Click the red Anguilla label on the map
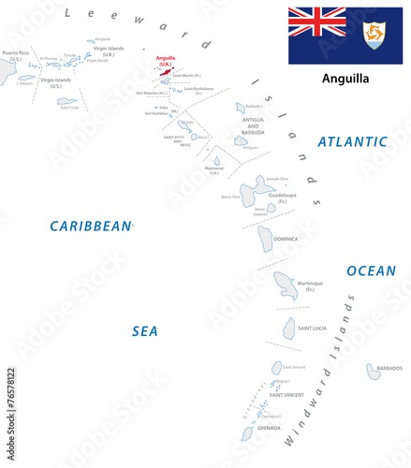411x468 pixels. tap(166, 59)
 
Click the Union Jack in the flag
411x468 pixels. tap(316, 22)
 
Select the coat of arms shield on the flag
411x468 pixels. tap(374, 36)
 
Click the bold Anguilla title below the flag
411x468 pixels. tap(345, 79)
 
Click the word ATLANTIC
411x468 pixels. tap(352, 142)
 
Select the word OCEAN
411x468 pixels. tap(371, 271)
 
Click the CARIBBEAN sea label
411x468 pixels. tap(91, 226)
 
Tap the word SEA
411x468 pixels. tap(145, 330)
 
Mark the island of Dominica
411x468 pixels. tap(268, 238)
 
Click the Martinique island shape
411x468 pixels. tap(286, 284)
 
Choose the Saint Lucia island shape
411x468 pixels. tap(289, 328)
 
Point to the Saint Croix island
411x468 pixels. tap(66, 101)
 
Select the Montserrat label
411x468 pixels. tap(214, 168)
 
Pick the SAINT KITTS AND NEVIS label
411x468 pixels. tap(176, 141)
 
